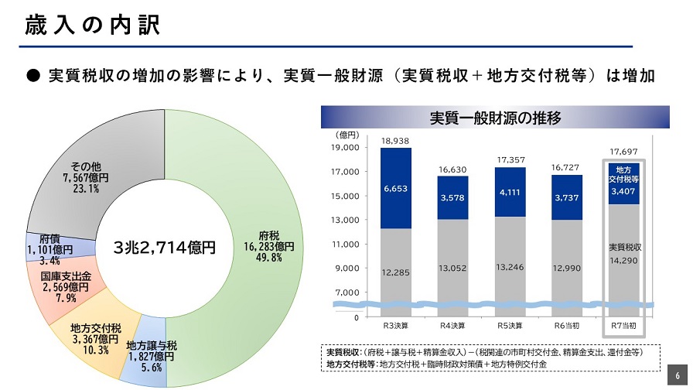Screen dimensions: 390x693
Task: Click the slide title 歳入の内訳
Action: pyautogui.click(x=92, y=26)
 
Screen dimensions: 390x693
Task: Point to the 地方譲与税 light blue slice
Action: pyautogui.click(x=151, y=356)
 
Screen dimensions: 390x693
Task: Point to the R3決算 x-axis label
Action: pyautogui.click(x=395, y=326)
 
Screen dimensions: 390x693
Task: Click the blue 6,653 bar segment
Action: pyautogui.click(x=395, y=188)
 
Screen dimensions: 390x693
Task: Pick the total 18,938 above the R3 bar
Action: pyautogui.click(x=395, y=141)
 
